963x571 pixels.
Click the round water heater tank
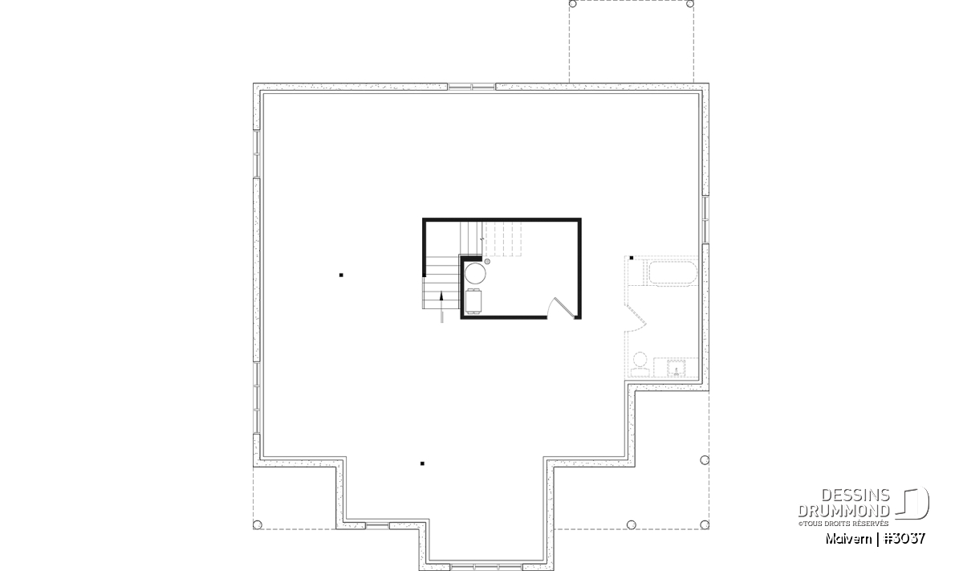475,274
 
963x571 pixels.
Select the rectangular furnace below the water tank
473,301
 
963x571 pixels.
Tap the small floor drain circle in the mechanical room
487,261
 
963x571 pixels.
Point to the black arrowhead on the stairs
441,296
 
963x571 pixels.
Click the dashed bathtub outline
672,274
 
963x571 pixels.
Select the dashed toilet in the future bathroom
640,365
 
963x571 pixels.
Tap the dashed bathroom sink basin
677,369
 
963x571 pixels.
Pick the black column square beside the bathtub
631,258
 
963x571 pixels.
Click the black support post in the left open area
341,275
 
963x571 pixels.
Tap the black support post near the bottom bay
422,463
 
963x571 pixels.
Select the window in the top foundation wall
471,87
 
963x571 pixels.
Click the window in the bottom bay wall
486,567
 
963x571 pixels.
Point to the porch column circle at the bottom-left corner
257,524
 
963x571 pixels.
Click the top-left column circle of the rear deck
573,4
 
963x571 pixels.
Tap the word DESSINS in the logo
855,496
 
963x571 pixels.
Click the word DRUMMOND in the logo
844,511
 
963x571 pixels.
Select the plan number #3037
904,538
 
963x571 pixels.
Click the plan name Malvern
848,539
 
